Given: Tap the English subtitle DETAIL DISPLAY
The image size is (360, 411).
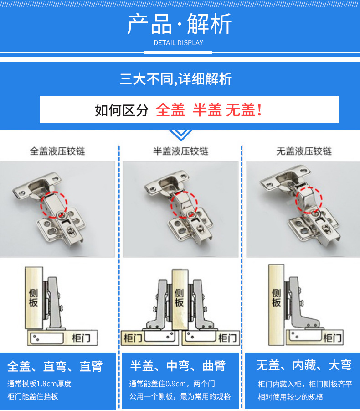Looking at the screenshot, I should click(x=178, y=43).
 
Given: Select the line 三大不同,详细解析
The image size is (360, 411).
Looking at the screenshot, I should click(x=175, y=79).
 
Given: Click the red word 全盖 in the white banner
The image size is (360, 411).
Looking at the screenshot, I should click(x=170, y=110).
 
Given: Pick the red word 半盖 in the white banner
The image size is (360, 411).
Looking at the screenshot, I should click(x=207, y=110).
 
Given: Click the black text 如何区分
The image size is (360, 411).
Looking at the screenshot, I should click(x=122, y=110).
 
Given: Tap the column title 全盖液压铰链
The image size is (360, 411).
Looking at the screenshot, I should click(x=57, y=151).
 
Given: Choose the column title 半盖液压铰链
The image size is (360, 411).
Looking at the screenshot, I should click(x=180, y=151).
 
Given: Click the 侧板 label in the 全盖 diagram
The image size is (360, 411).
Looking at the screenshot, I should click(x=33, y=297).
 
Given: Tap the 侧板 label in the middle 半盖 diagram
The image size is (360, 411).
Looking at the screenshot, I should click(x=179, y=297).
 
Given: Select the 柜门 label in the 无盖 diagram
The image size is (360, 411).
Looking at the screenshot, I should click(x=332, y=338).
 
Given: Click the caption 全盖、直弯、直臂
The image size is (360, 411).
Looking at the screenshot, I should click(x=55, y=366).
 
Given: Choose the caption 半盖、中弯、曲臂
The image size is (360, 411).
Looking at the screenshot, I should click(x=178, y=366).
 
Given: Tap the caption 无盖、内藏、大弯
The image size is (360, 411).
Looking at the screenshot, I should click(x=303, y=365).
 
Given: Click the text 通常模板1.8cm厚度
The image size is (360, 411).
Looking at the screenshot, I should click(x=39, y=384).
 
